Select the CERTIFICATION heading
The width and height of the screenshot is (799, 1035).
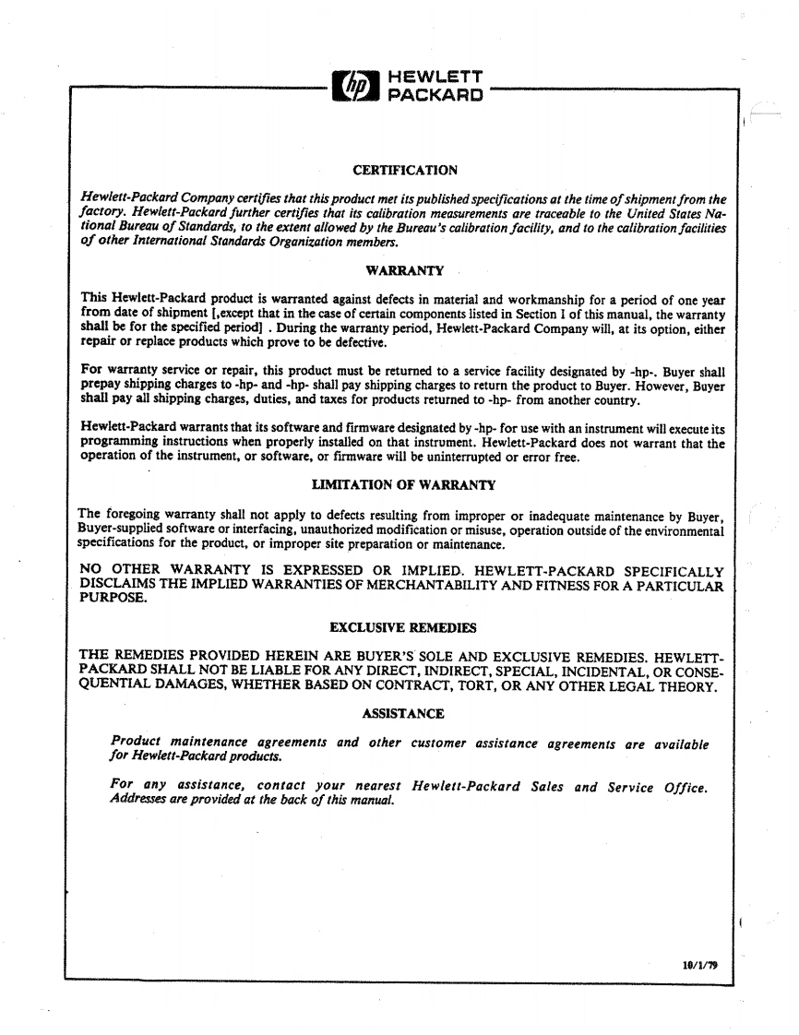tap(405, 170)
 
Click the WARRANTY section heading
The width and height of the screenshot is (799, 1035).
tap(405, 270)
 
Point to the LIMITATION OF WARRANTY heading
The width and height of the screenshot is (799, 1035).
tap(404, 484)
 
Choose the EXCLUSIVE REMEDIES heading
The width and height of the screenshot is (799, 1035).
tap(403, 628)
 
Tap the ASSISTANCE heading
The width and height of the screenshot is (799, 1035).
tap(404, 713)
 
